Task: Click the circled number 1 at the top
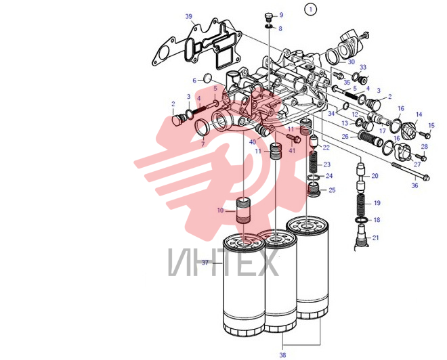[310, 9]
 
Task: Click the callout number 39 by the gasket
[189, 16]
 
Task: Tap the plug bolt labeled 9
[269, 17]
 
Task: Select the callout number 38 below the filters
[282, 355]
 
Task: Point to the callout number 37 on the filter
[205, 263]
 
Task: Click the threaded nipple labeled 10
[243, 210]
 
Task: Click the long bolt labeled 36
[411, 171]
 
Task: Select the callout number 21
[375, 238]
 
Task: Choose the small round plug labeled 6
[209, 78]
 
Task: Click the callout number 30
[352, 62]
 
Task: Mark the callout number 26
[345, 137]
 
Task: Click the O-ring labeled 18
[361, 220]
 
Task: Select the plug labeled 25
[314, 189]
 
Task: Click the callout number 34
[331, 114]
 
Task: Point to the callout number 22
[326, 148]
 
